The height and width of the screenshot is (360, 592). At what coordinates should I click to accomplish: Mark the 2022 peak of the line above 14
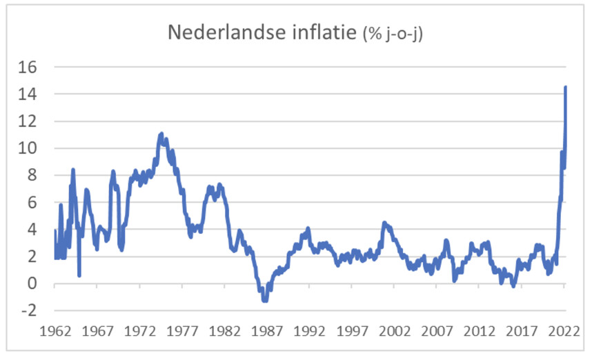click(566, 87)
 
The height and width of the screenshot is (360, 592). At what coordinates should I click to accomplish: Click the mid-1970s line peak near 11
click(161, 134)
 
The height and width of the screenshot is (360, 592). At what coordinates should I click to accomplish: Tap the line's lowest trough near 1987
click(265, 300)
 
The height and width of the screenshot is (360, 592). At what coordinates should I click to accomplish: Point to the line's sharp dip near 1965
click(79, 275)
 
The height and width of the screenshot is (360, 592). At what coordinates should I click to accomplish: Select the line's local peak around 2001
click(385, 223)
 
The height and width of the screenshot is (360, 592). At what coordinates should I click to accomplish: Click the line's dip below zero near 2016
click(513, 285)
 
